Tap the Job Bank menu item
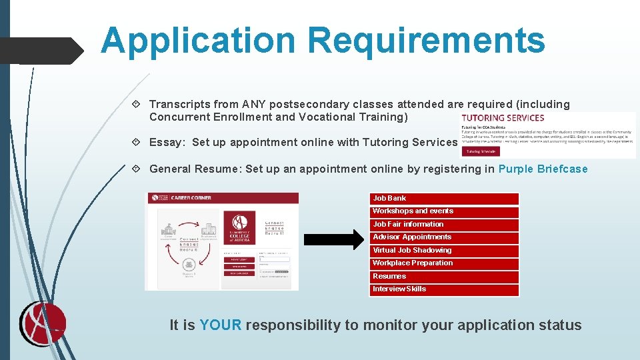pyautogui.click(x=444, y=199)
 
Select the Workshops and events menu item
pyautogui.click(x=444, y=211)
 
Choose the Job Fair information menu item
pyautogui.click(x=444, y=225)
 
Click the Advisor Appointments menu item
pyautogui.click(x=444, y=237)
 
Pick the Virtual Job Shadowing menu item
pyautogui.click(x=444, y=251)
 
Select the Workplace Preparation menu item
pyautogui.click(x=444, y=263)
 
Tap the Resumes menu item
pyautogui.click(x=444, y=277)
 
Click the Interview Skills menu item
pyautogui.click(x=444, y=289)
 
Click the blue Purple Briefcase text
pyautogui.click(x=543, y=169)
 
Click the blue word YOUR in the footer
pyautogui.click(x=220, y=325)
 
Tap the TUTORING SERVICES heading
pyautogui.click(x=503, y=118)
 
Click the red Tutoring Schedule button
pyautogui.click(x=481, y=151)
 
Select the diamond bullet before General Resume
pyautogui.click(x=137, y=169)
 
